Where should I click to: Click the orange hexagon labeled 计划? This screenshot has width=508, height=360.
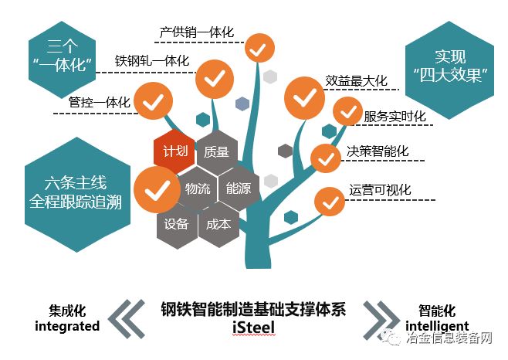tap(171, 151)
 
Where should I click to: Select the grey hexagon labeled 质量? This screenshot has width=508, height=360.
tap(217, 151)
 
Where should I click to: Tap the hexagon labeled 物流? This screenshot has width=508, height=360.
tap(193, 188)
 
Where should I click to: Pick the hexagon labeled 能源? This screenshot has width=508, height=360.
tap(238, 188)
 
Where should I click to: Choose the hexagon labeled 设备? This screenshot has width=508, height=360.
tap(176, 225)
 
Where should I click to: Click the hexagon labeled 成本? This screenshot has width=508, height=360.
tap(218, 225)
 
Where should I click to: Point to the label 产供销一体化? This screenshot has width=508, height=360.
tap(197, 33)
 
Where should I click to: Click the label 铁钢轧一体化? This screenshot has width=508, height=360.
tap(152, 61)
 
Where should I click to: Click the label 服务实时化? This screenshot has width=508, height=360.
tap(395, 116)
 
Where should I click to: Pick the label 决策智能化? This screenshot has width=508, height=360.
tap(378, 152)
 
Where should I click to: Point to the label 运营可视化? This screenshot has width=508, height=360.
tap(380, 190)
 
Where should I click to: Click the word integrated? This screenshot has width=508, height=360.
tap(67, 327)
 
